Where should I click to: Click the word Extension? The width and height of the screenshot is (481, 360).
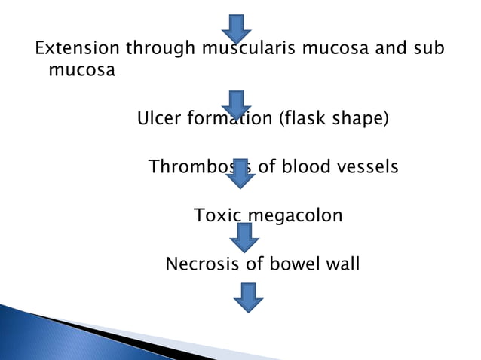tap(76, 50)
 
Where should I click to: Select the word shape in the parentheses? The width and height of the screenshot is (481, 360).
tap(360, 119)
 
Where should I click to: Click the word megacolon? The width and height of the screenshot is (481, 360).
tap(296, 216)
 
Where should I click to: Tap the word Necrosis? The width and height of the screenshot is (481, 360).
tap(199, 264)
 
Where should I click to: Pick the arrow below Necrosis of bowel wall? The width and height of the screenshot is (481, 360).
tap(248, 297)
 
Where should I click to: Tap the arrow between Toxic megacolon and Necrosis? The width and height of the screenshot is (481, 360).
tap(244, 238)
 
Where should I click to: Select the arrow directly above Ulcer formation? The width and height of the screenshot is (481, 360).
tap(237, 104)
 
